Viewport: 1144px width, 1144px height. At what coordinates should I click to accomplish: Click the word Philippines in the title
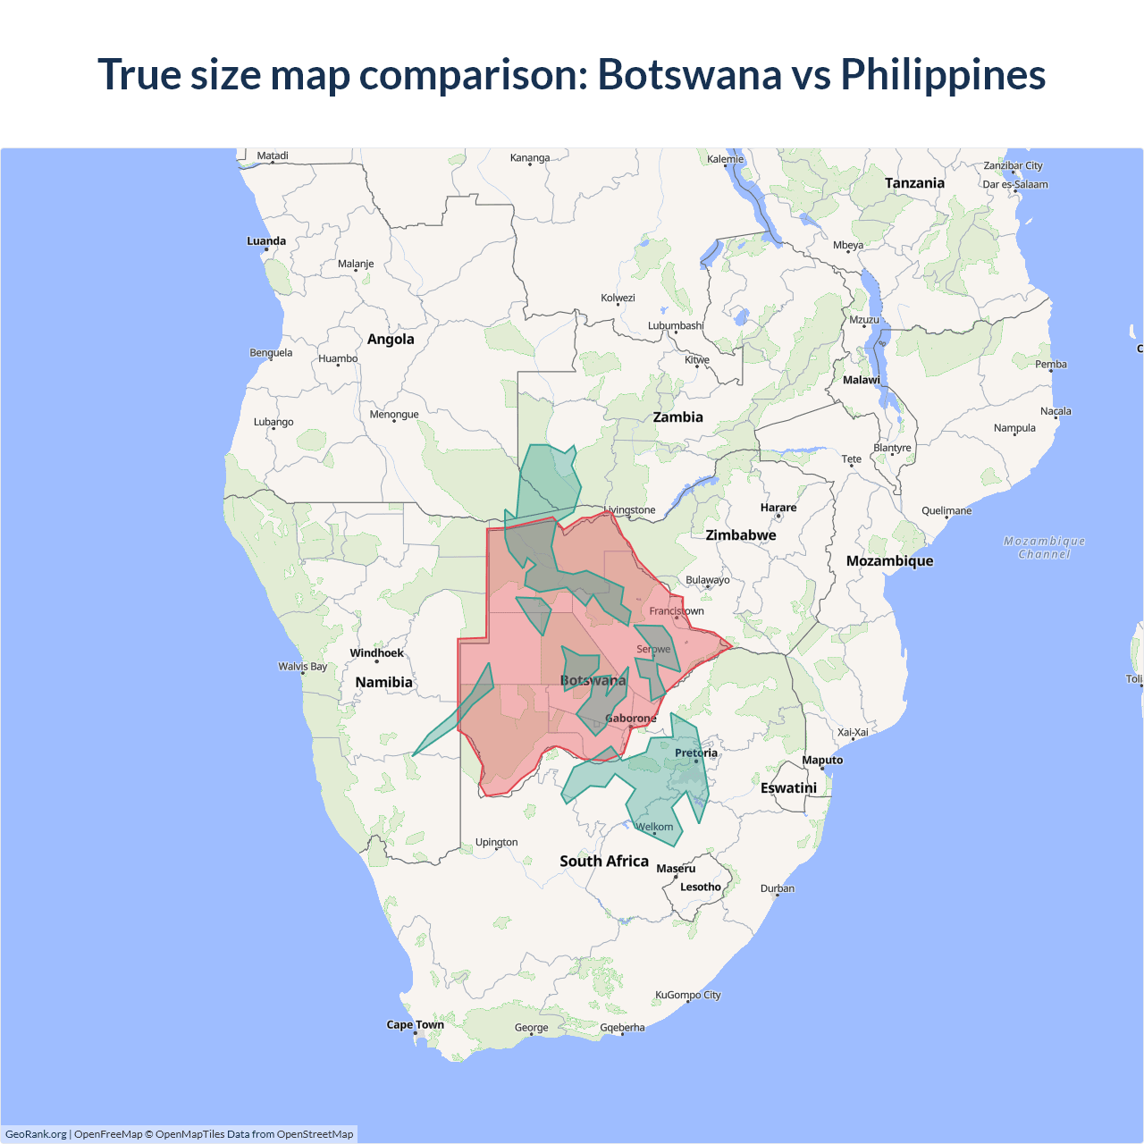point(943,74)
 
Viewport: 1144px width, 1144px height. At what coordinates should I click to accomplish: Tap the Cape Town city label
point(415,1025)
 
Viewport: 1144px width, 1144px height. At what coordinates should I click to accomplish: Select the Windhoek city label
point(376,653)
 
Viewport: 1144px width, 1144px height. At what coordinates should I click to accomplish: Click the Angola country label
point(391,340)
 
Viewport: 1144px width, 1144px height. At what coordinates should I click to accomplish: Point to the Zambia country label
point(677,417)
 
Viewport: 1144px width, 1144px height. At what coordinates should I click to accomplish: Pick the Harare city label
point(778,508)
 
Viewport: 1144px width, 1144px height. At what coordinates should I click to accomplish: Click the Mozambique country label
point(889,561)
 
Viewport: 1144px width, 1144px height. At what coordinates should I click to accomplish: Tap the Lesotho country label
point(700,887)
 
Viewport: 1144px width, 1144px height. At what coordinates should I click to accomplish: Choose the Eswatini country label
point(788,788)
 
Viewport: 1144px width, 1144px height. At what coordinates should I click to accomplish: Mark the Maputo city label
point(822,761)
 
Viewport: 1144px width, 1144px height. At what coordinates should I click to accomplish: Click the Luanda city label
point(266,241)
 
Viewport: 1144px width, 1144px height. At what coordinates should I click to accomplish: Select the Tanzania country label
point(914,183)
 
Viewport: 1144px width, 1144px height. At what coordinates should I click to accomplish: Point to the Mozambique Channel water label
point(1044,548)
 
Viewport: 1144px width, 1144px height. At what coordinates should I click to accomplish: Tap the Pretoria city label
point(696,753)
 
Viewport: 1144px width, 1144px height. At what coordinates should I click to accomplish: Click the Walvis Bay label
point(303,667)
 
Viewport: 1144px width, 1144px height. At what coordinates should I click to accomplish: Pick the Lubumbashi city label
point(676,326)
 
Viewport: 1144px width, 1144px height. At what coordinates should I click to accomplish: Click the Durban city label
point(778,888)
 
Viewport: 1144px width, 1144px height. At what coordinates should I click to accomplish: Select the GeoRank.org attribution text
point(36,1134)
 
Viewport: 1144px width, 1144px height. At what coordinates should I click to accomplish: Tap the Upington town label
point(496,843)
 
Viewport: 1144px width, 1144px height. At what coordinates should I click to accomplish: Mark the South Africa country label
point(604,862)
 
